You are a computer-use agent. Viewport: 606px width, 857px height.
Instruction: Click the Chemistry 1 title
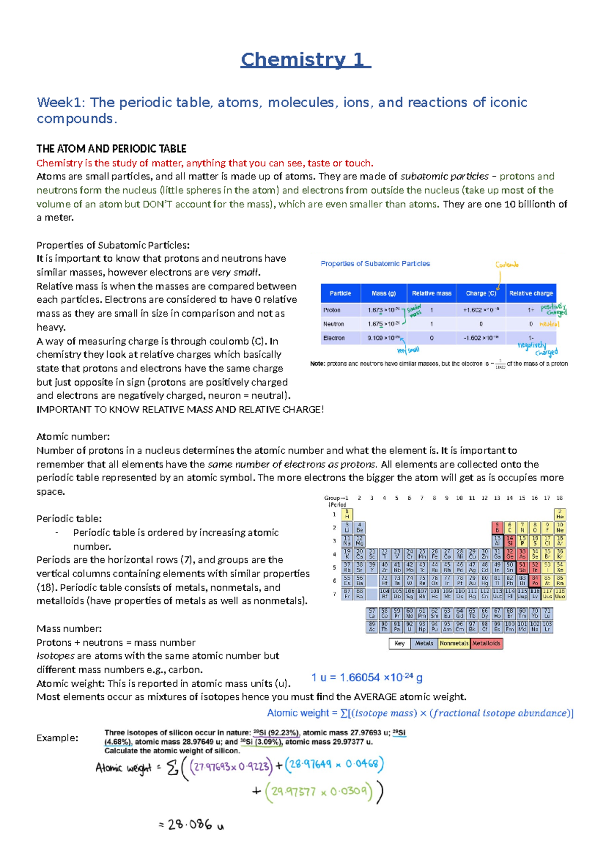tap(306, 60)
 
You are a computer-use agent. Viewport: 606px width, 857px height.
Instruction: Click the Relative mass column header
tap(431, 293)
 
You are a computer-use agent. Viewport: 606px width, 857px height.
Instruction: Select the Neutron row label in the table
tap(333, 324)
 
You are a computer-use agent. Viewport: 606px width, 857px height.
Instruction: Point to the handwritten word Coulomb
tap(507, 264)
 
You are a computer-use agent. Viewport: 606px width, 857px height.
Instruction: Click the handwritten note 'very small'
tap(408, 350)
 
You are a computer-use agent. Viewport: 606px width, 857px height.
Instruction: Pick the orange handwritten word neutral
tap(549, 324)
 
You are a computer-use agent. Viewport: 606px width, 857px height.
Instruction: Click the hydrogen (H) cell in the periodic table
tap(347, 514)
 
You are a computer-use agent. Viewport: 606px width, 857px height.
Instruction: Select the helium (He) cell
tap(560, 514)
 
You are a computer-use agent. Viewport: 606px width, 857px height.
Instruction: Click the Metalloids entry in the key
tap(486, 643)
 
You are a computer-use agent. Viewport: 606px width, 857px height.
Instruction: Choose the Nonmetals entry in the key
tap(454, 643)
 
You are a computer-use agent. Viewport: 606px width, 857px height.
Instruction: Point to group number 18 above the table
tap(560, 498)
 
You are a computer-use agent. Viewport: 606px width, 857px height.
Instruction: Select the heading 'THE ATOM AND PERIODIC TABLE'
tap(111, 149)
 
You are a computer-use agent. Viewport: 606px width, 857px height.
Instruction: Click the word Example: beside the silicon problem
tap(57, 738)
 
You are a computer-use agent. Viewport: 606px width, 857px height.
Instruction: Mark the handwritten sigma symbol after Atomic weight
tap(172, 769)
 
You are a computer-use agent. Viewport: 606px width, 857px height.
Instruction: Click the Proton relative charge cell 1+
tap(531, 310)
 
